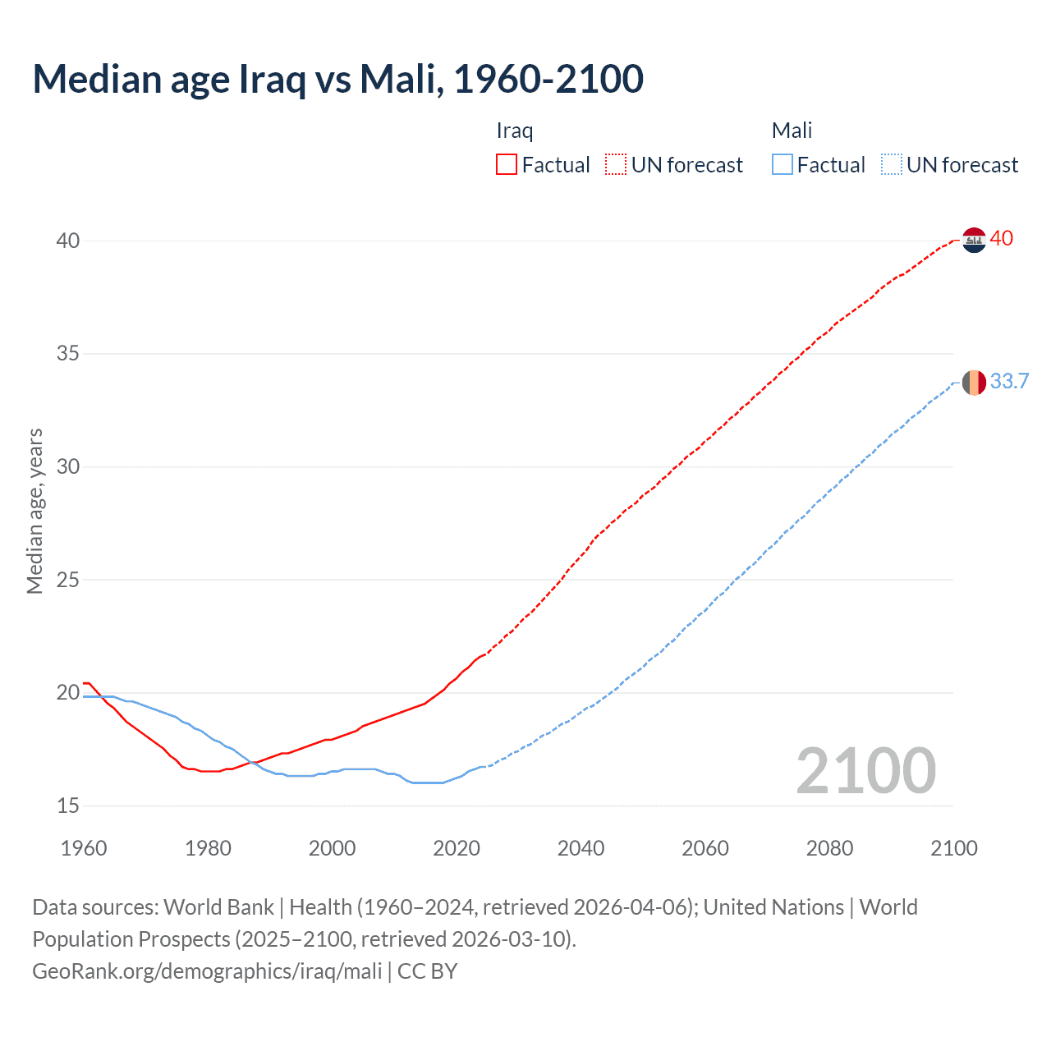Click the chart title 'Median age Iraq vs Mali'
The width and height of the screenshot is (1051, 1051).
click(x=337, y=79)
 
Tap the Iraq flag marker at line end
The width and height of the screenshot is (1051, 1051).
click(x=974, y=240)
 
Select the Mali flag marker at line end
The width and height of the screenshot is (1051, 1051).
click(x=974, y=383)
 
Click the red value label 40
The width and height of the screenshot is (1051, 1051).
click(x=1002, y=239)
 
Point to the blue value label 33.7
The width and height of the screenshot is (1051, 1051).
click(x=1009, y=382)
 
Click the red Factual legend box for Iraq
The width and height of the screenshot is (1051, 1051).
click(x=507, y=165)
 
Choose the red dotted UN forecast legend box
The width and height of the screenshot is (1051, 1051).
click(x=616, y=165)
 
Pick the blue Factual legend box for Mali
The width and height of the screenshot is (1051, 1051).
click(x=782, y=165)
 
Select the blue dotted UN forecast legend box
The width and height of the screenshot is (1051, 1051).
click(x=891, y=165)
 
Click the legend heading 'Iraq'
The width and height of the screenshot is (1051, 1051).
click(x=515, y=131)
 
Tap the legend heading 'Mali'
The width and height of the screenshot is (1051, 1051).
click(x=792, y=131)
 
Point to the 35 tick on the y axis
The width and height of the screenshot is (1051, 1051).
click(x=68, y=354)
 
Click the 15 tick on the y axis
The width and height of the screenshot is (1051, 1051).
click(x=68, y=806)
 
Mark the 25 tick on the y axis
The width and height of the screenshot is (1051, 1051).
click(x=68, y=580)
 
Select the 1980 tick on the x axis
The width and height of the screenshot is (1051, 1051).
click(x=208, y=848)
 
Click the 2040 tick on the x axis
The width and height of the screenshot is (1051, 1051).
click(x=581, y=848)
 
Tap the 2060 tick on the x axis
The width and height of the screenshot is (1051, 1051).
click(x=705, y=848)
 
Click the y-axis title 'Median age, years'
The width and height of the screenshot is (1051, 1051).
click(x=34, y=511)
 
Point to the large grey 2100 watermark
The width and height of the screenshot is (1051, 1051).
click(x=866, y=771)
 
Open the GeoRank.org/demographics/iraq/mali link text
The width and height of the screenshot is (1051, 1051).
click(x=207, y=971)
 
